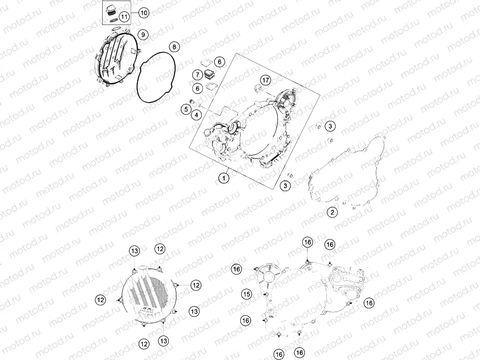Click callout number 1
[224, 178]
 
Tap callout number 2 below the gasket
[333, 212]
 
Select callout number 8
[174, 47]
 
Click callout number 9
[143, 34]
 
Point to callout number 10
[143, 13]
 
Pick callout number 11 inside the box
[124, 17]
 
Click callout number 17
[265, 80]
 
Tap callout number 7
[198, 75]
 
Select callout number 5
[186, 109]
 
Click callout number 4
[196, 115]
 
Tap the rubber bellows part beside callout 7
[209, 75]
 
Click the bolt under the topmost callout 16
[307, 261]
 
